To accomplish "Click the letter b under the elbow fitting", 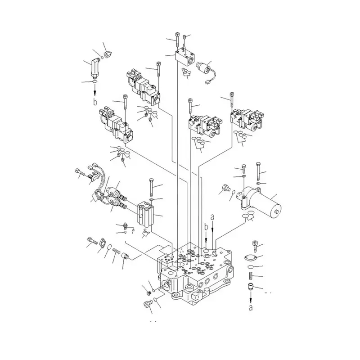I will [x=95, y=102].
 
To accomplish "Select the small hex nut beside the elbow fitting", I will [x=108, y=55].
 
